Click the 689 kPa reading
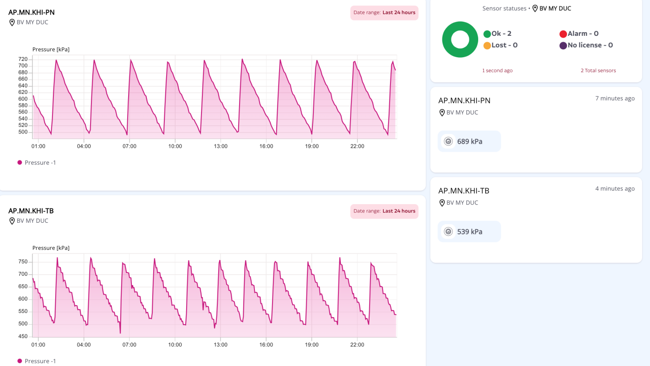[x=469, y=141]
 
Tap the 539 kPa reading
[x=469, y=232]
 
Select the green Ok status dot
[x=487, y=34]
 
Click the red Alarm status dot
[x=563, y=34]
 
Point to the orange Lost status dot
[x=487, y=46]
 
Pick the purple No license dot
[x=563, y=46]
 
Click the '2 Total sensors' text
[x=598, y=70]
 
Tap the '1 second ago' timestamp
[x=497, y=70]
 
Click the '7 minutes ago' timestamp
[x=615, y=99]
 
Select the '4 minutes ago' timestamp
[x=615, y=189]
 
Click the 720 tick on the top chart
[x=23, y=59]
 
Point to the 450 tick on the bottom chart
[x=23, y=336]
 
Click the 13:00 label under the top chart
[x=221, y=146]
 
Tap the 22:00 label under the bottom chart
[x=357, y=345]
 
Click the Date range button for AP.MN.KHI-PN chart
[x=384, y=13]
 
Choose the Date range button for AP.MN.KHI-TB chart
[x=384, y=211]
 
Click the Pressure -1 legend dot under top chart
[x=19, y=162]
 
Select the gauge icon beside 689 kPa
[x=448, y=141]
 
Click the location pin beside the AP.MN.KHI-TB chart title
[x=12, y=221]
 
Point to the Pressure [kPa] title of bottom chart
[x=51, y=248]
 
